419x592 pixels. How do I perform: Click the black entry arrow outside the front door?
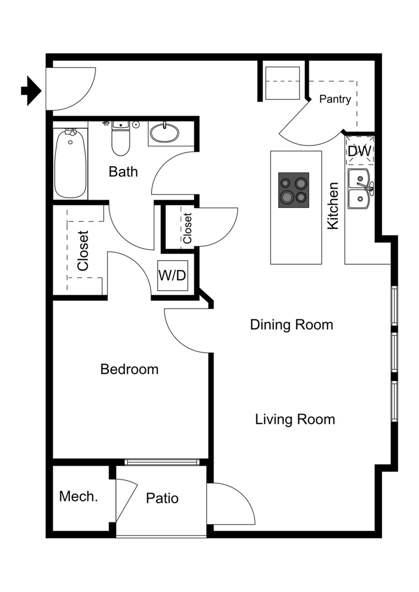pos(31,91)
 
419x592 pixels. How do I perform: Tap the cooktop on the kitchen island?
pos(294,190)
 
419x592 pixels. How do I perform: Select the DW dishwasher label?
pos(360,151)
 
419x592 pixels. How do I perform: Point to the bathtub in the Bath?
pos(70,164)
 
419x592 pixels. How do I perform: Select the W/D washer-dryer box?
pos(172,275)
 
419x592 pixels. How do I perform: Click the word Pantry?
pos(335,99)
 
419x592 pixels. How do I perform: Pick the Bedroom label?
pos(129,369)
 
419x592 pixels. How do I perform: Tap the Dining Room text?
pos(292,325)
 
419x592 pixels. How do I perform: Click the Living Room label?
pos(295,420)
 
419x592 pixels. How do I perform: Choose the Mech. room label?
pos(78,496)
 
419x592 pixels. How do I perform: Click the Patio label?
pos(162,498)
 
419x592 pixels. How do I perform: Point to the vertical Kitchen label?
pos(333,206)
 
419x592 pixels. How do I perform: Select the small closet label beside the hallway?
pos(188,228)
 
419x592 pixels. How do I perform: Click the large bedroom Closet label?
pos(83,250)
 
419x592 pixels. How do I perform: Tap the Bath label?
pos(123,172)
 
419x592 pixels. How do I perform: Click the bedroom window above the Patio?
pos(162,462)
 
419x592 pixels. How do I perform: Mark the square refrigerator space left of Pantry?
pos(282,83)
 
